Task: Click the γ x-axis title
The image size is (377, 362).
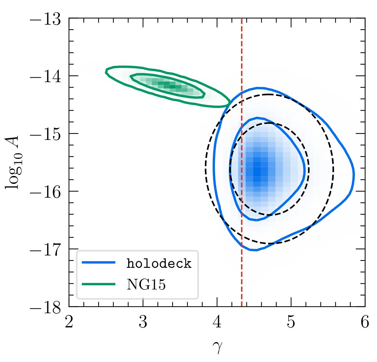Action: [217, 348]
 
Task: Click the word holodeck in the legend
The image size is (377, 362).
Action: [159, 264]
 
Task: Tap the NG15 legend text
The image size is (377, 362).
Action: [146, 285]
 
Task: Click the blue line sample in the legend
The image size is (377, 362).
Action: [99, 263]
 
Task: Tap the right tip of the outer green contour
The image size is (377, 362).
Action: [230, 103]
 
